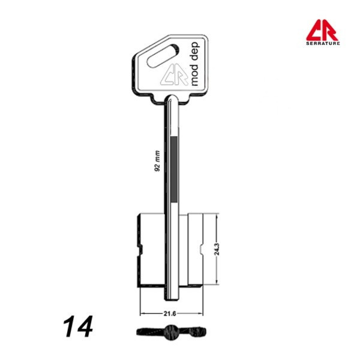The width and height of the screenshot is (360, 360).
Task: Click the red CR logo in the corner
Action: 322,30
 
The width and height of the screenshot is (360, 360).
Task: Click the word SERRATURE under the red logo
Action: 323,43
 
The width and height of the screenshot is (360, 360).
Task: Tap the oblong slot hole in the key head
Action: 163,56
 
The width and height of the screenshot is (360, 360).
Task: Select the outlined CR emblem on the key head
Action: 175,74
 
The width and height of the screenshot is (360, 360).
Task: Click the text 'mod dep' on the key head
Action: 194,64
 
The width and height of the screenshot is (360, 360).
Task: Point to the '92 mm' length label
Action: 157,161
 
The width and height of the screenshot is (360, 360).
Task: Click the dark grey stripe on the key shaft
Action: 174,169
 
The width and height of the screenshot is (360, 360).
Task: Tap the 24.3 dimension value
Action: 217,249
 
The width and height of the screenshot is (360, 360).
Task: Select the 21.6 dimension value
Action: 170,314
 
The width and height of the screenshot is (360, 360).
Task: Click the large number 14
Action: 78,326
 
